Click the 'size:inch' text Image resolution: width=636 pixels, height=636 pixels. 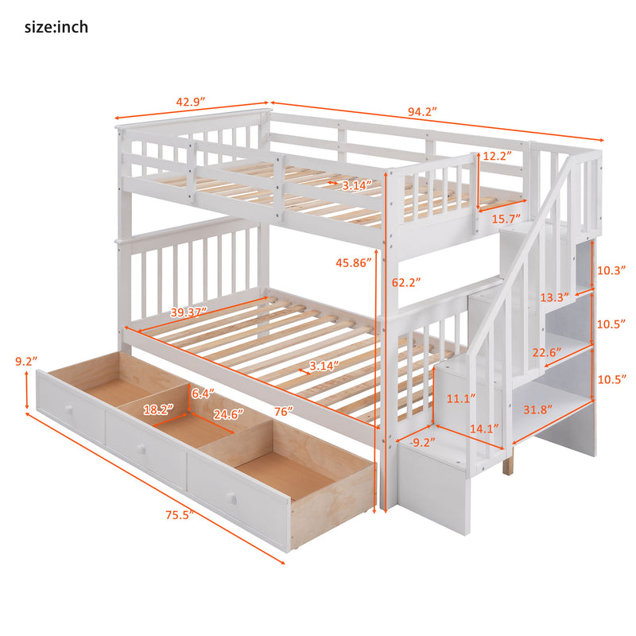(x=56, y=27)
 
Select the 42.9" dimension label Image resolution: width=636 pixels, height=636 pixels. (x=190, y=103)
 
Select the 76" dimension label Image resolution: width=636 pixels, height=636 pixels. (x=279, y=411)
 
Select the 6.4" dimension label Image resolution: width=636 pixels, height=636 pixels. (x=201, y=392)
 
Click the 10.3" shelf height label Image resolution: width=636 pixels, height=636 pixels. (x=611, y=270)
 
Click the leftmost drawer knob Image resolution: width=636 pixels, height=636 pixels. (x=68, y=407)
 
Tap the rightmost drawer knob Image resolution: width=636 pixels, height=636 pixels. (x=232, y=498)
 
